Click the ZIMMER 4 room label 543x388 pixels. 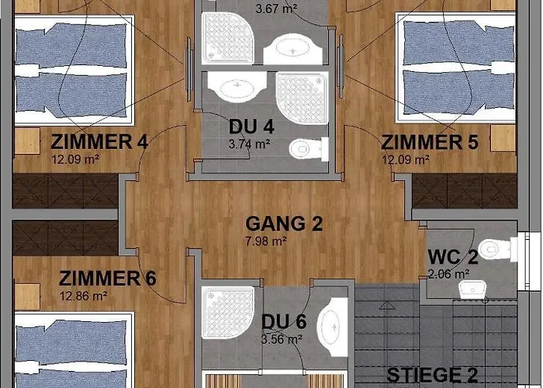tap(99, 142)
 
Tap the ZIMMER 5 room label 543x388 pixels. tap(430, 142)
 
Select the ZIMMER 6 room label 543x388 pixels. tap(107, 278)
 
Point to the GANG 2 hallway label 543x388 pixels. tap(284, 223)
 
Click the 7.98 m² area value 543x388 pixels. tap(266, 241)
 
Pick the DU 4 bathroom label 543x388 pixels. tap(252, 126)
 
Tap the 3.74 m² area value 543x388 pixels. tap(249, 144)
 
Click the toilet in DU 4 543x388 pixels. tap(309, 149)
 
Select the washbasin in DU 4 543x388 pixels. tap(237, 87)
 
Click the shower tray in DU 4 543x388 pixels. tap(302, 98)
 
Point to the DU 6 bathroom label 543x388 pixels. tap(284, 321)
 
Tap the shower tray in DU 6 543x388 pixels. tap(228, 313)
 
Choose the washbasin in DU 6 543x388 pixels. tap(332, 327)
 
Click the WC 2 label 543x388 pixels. tap(453, 257)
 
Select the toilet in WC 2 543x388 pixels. tap(498, 249)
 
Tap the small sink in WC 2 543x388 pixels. tap(472, 289)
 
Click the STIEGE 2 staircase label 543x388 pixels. tap(432, 375)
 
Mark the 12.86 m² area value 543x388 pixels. tap(84, 296)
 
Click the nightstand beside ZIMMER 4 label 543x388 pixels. tap(27, 141)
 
